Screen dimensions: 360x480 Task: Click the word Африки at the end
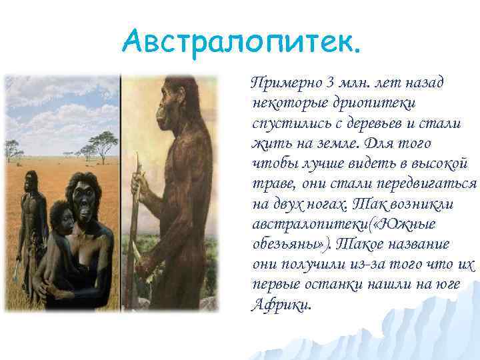281,305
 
